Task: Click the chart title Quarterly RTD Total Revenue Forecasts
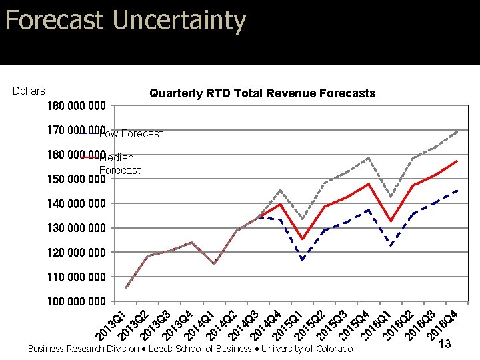click(x=262, y=93)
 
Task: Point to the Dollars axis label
click(x=29, y=91)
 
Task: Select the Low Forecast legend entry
click(x=130, y=134)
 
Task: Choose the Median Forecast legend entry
click(x=119, y=164)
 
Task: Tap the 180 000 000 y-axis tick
click(x=77, y=106)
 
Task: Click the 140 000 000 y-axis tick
click(x=77, y=203)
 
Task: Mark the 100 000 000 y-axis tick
click(x=77, y=301)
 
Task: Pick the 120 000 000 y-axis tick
click(x=77, y=253)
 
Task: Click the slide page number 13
click(x=445, y=344)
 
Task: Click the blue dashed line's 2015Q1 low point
click(x=303, y=259)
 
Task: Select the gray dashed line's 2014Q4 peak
click(x=280, y=191)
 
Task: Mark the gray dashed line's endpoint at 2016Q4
click(x=457, y=131)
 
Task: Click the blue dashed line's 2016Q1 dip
click(x=391, y=246)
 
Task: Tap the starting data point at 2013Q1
click(x=126, y=288)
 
